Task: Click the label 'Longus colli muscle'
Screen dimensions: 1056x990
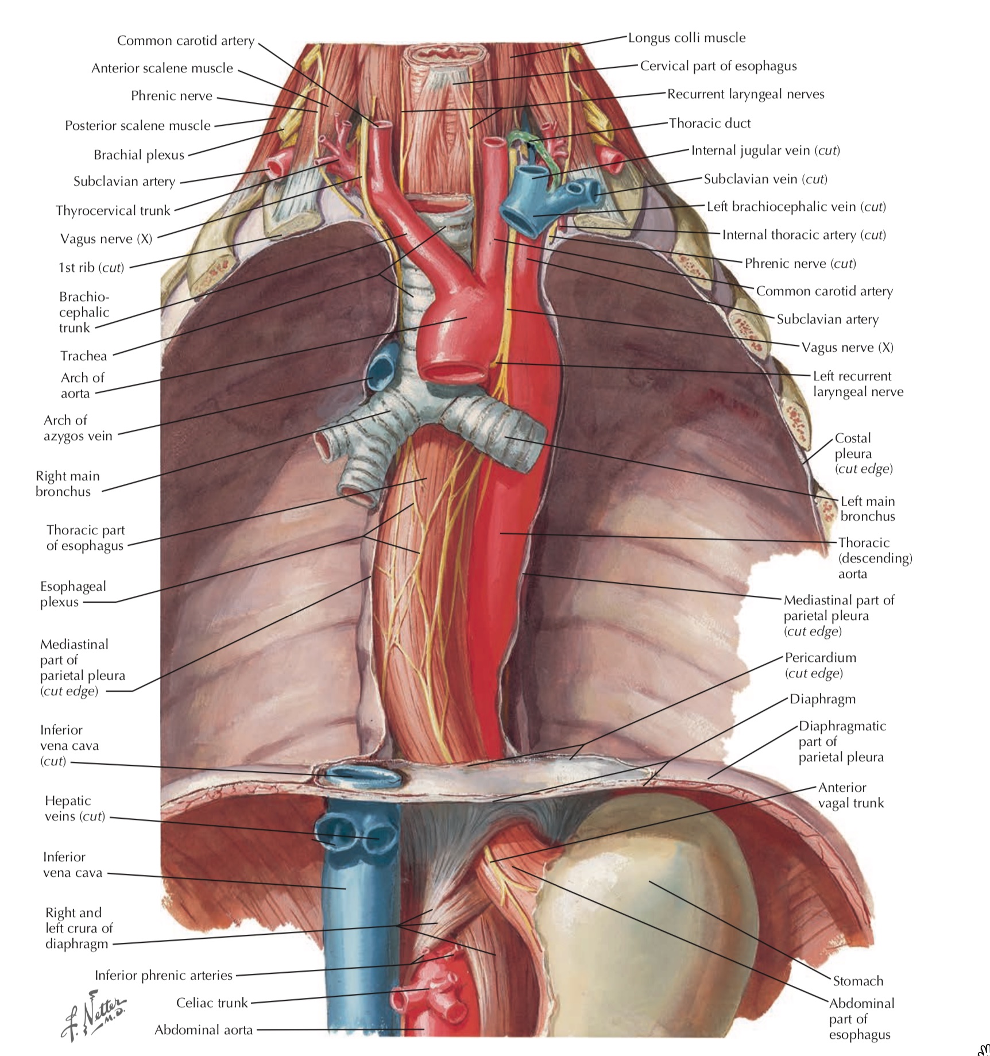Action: point(687,38)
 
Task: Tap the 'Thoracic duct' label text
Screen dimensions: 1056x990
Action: point(710,124)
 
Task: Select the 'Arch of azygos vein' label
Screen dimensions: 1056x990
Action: point(78,428)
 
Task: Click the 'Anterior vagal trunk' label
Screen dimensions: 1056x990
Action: point(850,795)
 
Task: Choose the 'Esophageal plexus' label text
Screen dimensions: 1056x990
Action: point(73,594)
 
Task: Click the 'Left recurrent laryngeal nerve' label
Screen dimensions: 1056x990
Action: point(858,384)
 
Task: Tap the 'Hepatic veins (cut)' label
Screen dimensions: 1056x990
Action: point(75,808)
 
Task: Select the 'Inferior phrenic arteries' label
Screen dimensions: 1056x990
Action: point(164,975)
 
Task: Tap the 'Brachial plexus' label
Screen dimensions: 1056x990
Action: point(139,155)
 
